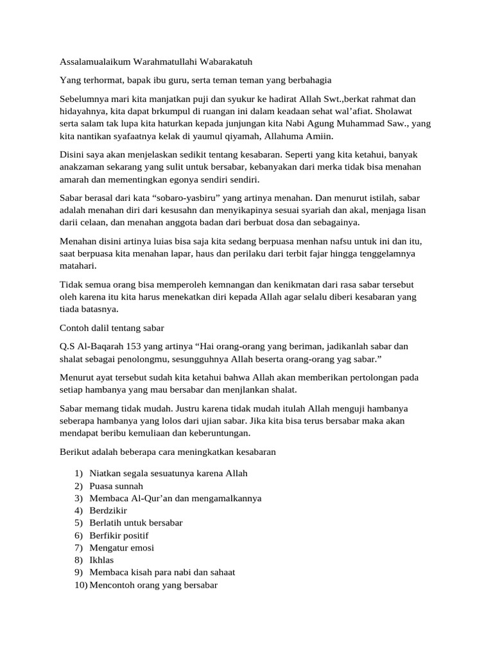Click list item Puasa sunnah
117,486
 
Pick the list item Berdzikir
108,511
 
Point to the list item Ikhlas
102,560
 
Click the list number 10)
80,585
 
